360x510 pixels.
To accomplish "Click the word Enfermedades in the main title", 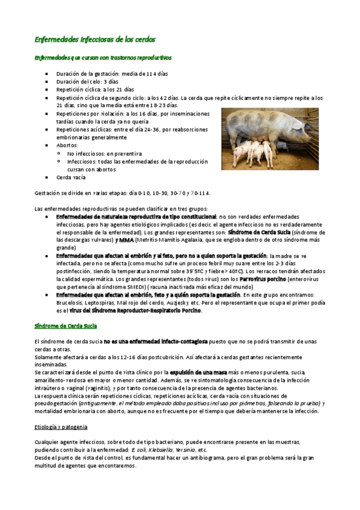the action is point(55,39).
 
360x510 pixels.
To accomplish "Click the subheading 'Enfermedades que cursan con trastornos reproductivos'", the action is point(102,58).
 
